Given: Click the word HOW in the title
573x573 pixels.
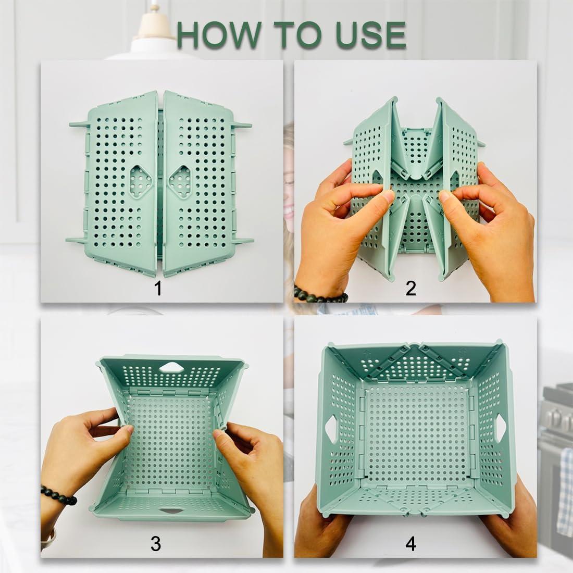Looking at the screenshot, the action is (218, 35).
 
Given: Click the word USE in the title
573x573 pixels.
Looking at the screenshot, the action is (367, 35).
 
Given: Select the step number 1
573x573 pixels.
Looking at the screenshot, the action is (158, 289).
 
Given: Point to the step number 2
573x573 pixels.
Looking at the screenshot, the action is (411, 289).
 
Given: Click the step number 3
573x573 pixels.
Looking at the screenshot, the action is (156, 544).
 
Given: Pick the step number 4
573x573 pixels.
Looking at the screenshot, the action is (411, 544).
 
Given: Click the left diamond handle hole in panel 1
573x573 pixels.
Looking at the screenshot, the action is (141, 181).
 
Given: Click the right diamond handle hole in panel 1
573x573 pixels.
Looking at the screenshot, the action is (180, 181).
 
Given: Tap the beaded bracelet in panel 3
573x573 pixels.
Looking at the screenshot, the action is (58, 494).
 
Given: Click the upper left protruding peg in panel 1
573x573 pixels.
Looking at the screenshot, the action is (79, 124).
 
